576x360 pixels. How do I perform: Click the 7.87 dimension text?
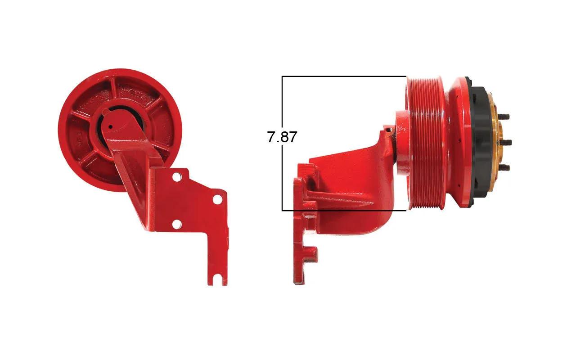tap(282, 137)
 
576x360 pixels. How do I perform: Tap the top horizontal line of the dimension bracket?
tap(344, 76)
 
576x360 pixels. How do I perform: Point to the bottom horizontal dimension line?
tap(344, 211)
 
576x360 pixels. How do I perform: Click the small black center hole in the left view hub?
tap(110, 126)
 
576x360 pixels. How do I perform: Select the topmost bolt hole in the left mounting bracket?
tap(176, 177)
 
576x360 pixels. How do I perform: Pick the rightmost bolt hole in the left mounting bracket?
tap(218, 200)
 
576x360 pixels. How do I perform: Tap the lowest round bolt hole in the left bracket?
tap(177, 225)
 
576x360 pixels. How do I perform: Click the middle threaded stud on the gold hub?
tap(505, 142)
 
